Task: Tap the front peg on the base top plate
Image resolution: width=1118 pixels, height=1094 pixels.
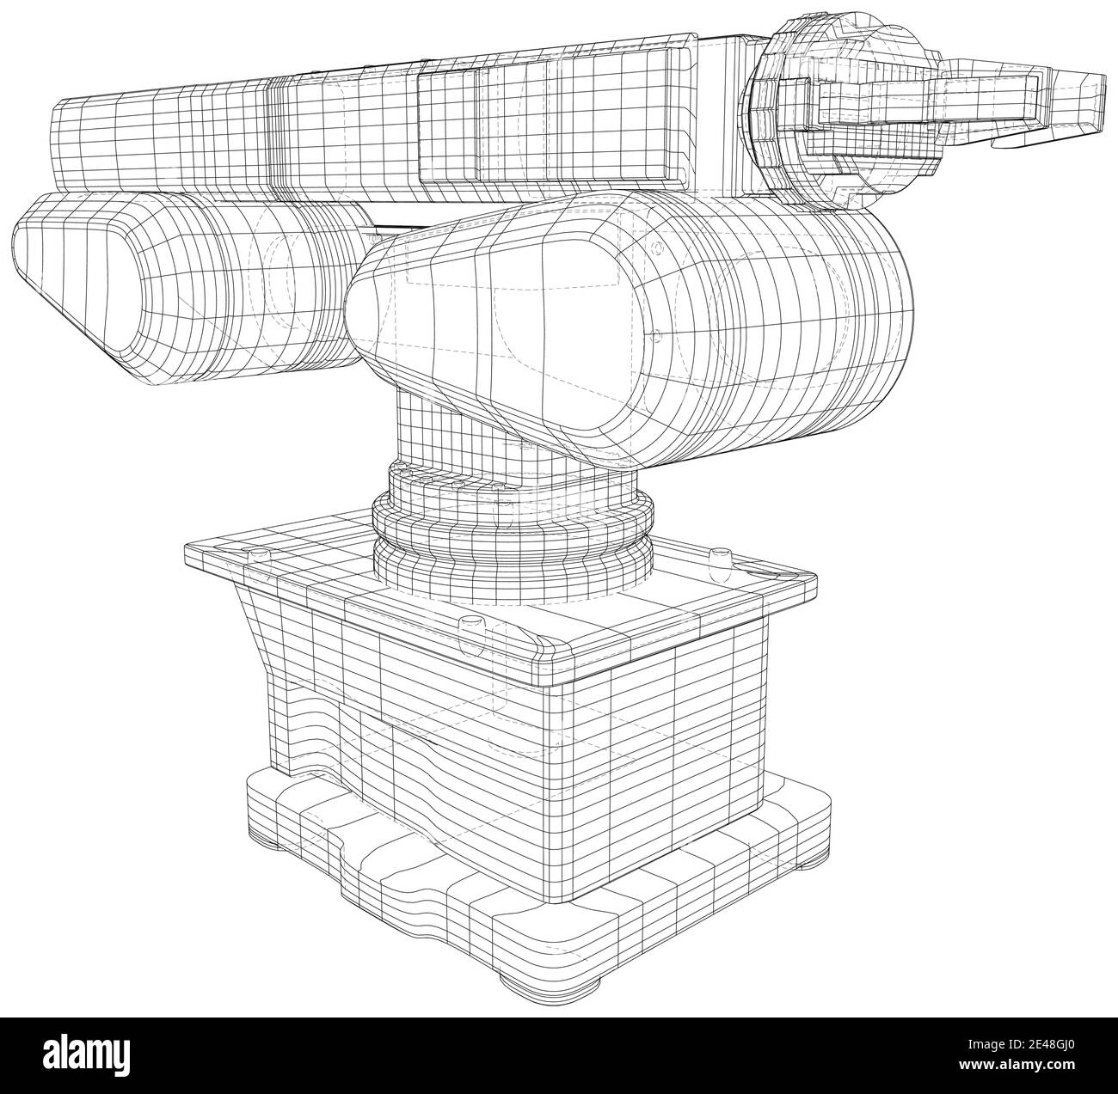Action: tap(470, 622)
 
